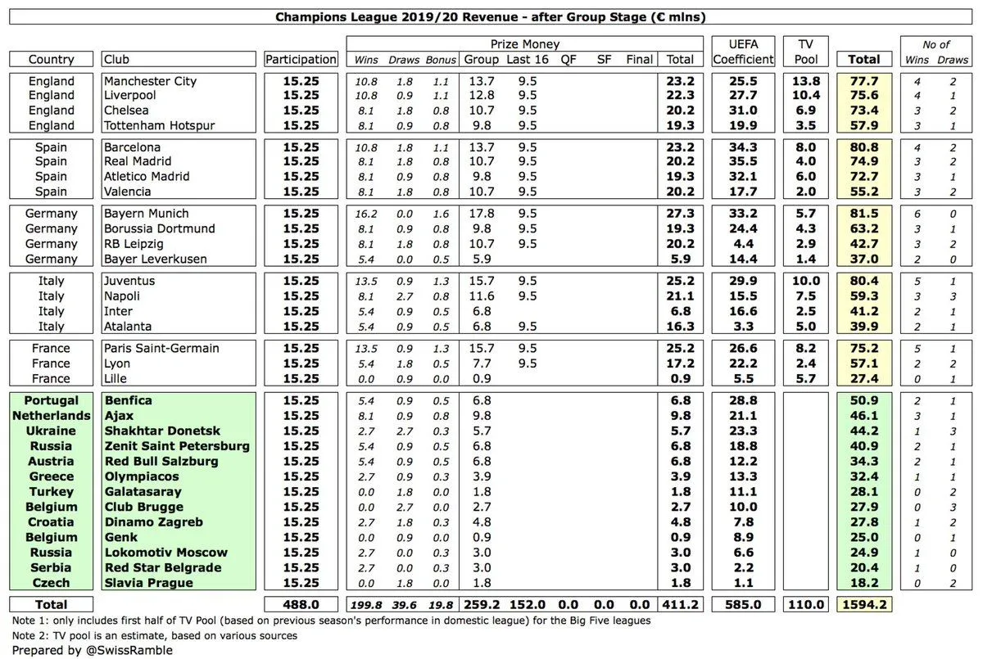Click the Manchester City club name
pos(150,81)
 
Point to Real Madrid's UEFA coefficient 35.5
pos(743,162)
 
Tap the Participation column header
pos(301,59)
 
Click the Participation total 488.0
pos(301,605)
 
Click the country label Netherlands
pos(52,415)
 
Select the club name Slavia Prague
pos(148,583)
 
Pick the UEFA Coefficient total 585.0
pos(743,605)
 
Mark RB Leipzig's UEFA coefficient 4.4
pos(743,244)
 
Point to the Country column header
pos(52,59)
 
